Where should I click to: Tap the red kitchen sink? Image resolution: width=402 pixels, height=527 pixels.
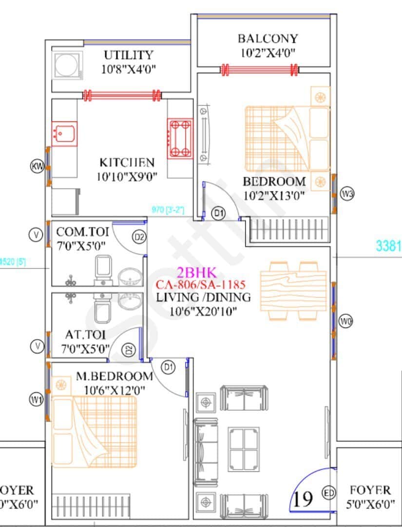(x=64, y=132)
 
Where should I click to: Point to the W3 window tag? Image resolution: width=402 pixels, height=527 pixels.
(x=347, y=193)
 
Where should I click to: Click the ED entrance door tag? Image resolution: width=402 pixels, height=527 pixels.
(x=329, y=493)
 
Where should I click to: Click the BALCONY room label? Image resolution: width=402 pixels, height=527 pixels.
(x=267, y=39)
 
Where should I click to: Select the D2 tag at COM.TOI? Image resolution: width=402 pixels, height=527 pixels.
(x=139, y=237)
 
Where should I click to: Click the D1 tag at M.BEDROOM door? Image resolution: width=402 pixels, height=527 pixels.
(x=169, y=368)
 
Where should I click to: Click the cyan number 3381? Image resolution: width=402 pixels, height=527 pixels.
(x=388, y=246)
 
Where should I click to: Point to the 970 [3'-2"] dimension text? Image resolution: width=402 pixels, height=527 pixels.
(x=167, y=210)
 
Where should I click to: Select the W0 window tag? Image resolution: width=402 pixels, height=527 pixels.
(x=346, y=322)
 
